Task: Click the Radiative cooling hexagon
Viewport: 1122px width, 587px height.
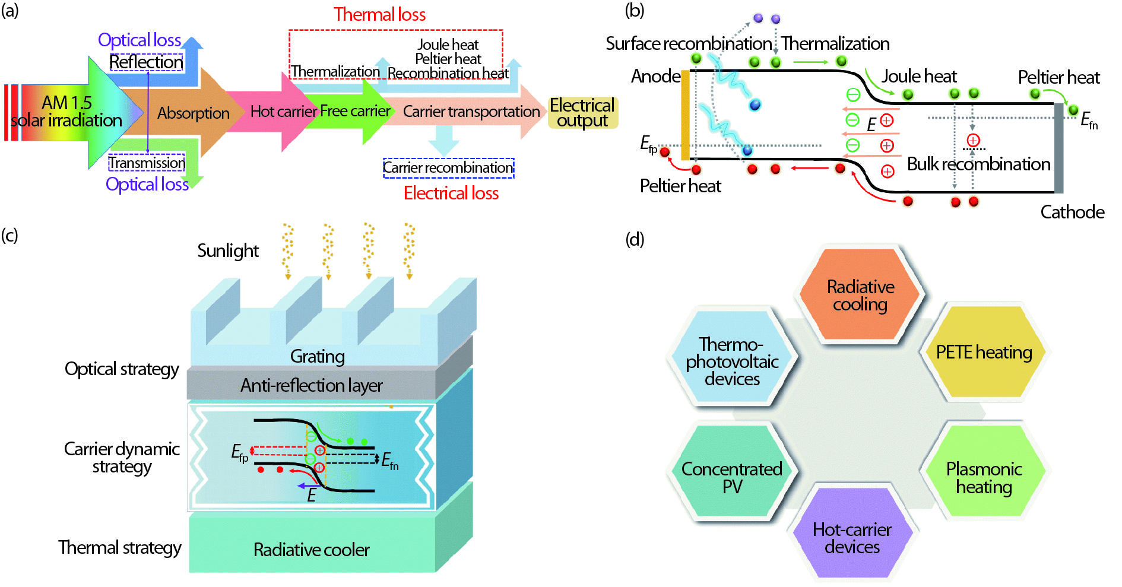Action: click(860, 295)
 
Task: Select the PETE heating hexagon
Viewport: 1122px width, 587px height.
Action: click(984, 352)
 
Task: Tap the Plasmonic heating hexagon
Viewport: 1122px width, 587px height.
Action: click(984, 478)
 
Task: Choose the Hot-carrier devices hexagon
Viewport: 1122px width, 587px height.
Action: click(852, 538)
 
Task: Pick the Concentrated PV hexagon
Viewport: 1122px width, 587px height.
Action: click(731, 477)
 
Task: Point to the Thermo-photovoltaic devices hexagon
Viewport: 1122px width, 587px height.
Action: click(732, 361)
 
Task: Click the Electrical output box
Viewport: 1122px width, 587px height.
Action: click(582, 112)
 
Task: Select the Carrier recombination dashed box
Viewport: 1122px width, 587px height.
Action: click(448, 168)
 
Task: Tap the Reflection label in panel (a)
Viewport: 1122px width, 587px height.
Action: click(146, 62)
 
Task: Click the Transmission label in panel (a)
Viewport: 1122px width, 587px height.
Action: click(147, 163)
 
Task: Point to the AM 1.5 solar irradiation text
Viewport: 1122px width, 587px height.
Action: click(66, 112)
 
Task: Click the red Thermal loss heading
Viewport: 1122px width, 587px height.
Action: click(379, 14)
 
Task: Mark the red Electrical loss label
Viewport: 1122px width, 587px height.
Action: click(451, 193)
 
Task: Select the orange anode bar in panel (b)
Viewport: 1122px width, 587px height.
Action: click(685, 115)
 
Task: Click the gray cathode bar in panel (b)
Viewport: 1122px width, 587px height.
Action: click(1058, 148)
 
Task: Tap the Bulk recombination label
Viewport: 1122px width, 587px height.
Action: click(978, 164)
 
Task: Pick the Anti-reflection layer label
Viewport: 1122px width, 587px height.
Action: click(311, 386)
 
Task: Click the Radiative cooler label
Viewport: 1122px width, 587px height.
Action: click(311, 550)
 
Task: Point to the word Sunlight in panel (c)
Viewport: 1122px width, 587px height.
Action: click(228, 251)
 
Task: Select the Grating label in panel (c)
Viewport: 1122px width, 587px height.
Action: click(317, 356)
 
